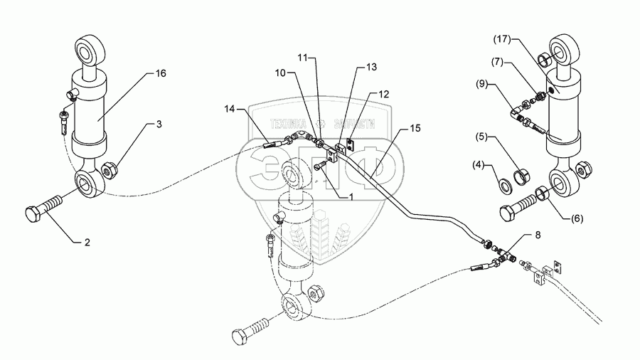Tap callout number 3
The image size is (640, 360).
(x=159, y=124)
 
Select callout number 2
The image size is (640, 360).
(x=87, y=243)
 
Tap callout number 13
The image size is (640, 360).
(x=372, y=67)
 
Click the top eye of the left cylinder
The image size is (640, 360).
(x=91, y=52)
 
